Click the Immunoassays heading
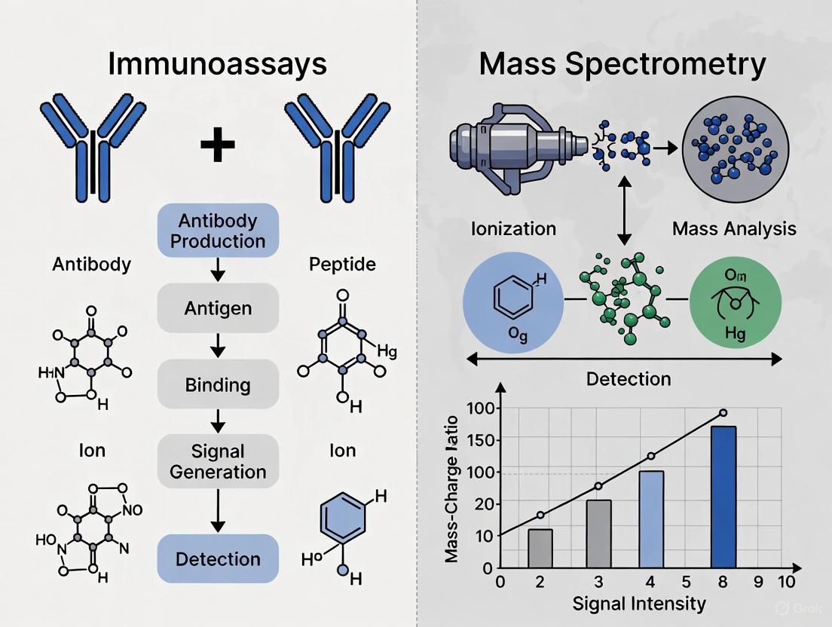coord(217,64)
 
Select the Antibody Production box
coord(217,231)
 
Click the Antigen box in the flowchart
coord(217,308)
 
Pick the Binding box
coord(217,384)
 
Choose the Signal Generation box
coord(217,461)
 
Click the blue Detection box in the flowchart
coord(217,559)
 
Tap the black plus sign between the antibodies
coord(217,145)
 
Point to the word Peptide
coord(342,265)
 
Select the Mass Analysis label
coord(735,228)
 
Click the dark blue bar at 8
coord(723,497)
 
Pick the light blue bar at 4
coord(651,519)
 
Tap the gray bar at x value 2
coord(540,549)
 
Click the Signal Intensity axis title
coord(639,604)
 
